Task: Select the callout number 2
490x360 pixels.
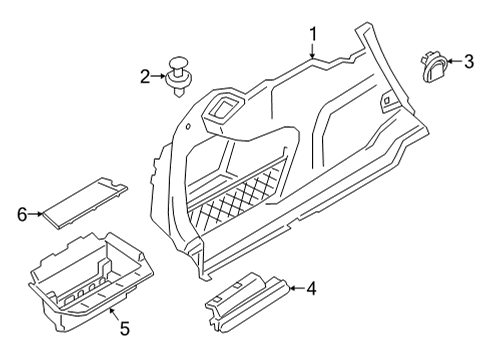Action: click(146, 75)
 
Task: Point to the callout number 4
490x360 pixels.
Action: click(311, 290)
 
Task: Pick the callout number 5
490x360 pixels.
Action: click(126, 328)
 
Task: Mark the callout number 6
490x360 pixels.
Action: click(22, 212)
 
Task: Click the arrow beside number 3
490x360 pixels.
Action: click(452, 63)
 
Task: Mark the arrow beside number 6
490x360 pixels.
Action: click(38, 212)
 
